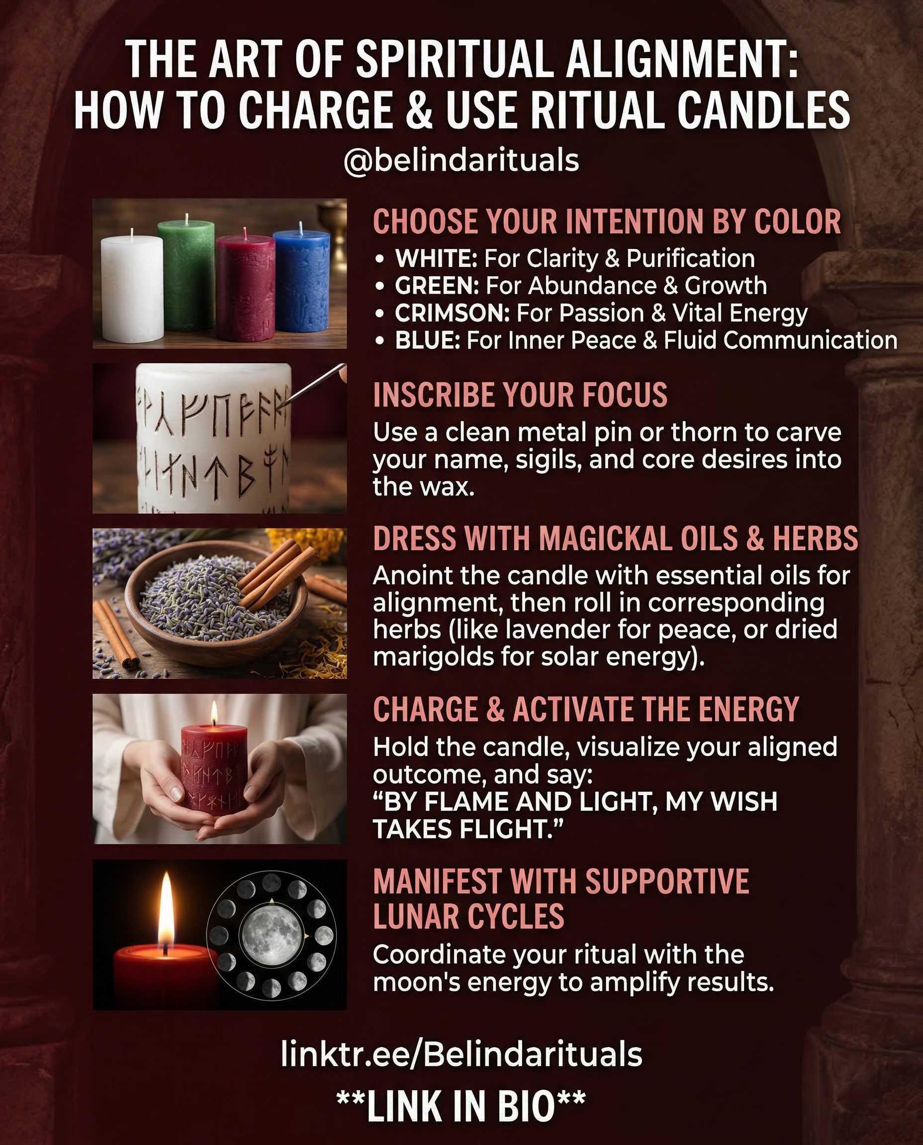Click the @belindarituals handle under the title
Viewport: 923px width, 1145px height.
461,161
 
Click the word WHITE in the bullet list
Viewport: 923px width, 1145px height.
436,259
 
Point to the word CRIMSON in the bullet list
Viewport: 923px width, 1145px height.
452,314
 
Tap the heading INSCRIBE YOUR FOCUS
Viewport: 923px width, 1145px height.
520,395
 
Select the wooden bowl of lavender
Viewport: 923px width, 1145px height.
213,606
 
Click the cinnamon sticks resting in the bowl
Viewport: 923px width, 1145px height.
274,574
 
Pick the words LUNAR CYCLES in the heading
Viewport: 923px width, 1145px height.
468,916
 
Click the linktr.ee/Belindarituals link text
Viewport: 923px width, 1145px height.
461,1054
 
